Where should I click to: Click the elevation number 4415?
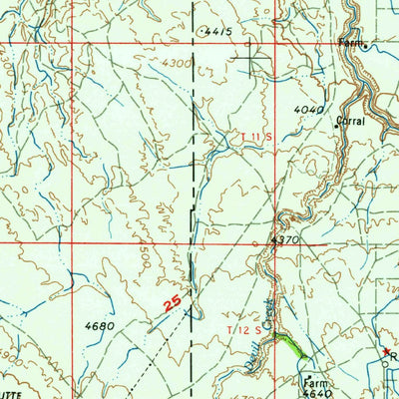tap(221, 32)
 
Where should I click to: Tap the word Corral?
tap(351, 120)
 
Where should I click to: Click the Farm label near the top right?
tap(349, 43)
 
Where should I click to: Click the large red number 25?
tap(170, 299)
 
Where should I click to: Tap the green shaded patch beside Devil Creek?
tap(291, 346)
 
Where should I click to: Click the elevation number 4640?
tap(316, 392)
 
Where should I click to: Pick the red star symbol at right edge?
tap(387, 352)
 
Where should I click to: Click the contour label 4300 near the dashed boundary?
tap(176, 63)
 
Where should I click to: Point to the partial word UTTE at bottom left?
tap(10, 393)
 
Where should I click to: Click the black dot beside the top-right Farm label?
tap(366, 46)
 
